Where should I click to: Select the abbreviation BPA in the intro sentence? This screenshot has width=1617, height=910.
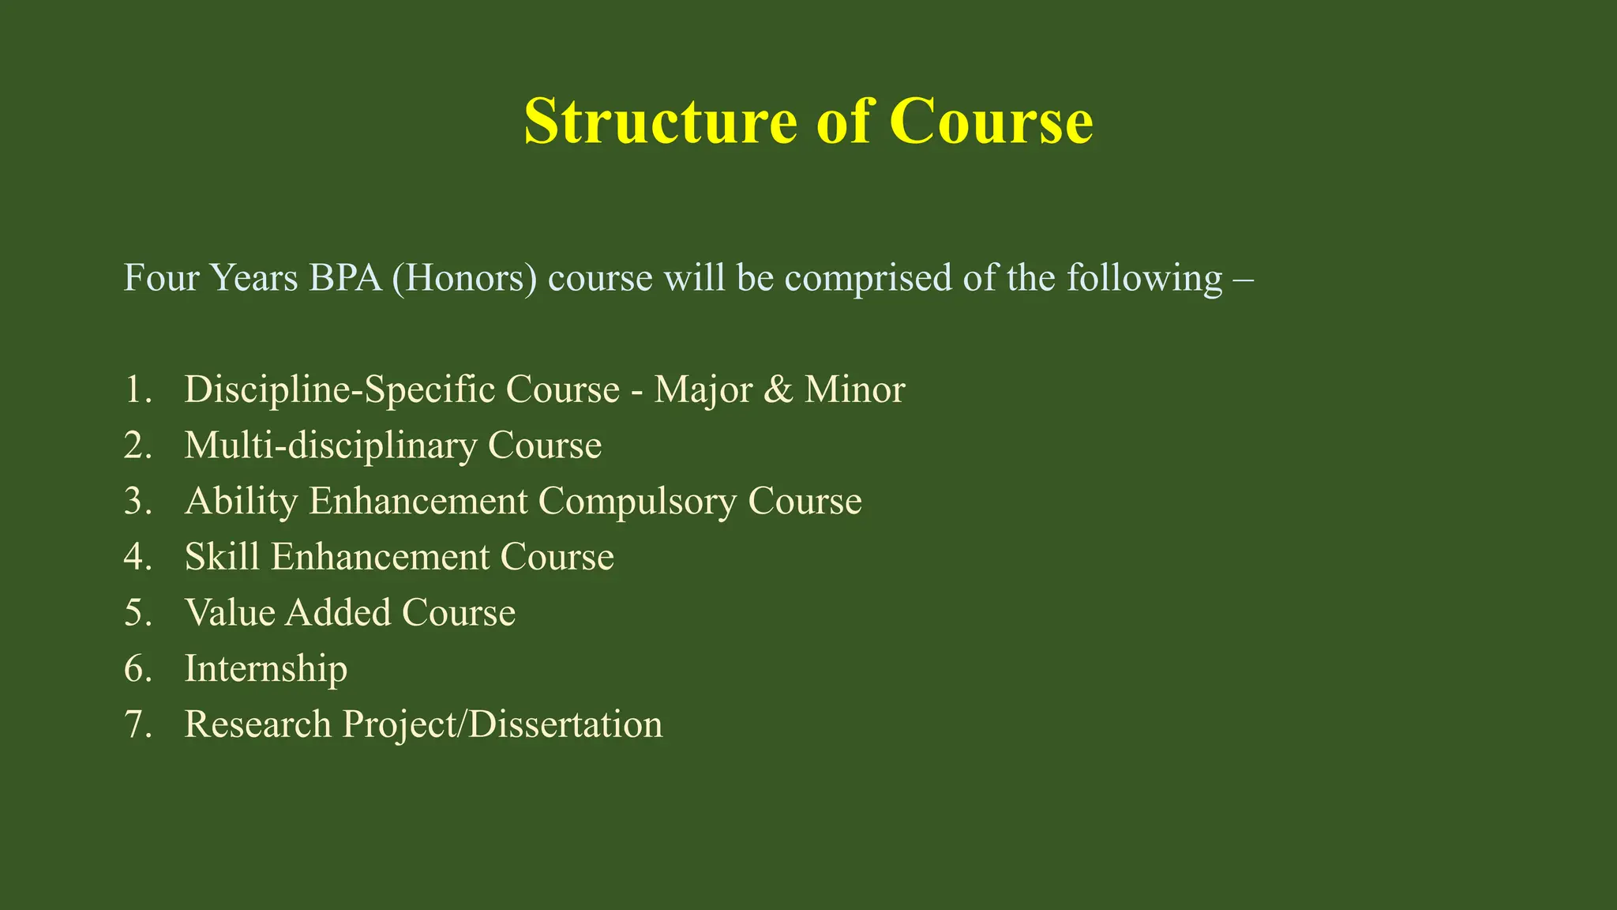[346, 278]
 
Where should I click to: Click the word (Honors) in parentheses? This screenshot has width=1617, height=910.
[464, 278]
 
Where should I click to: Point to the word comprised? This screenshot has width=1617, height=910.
[868, 278]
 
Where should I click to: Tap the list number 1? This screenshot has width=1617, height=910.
[137, 389]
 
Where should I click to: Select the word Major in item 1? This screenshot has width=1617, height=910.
[703, 389]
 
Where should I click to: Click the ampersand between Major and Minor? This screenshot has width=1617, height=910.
[778, 389]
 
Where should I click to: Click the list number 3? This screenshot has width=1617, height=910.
[137, 502]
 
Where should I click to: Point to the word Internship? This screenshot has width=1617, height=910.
[265, 669]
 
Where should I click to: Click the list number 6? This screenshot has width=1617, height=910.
[137, 669]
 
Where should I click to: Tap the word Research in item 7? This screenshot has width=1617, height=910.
[257, 724]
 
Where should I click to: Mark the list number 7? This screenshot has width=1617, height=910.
[137, 724]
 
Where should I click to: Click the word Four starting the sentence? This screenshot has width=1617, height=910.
[161, 278]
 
